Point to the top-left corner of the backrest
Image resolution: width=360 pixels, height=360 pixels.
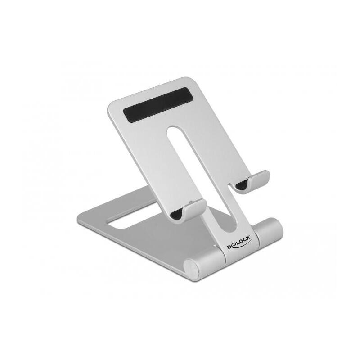coord(111,104)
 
